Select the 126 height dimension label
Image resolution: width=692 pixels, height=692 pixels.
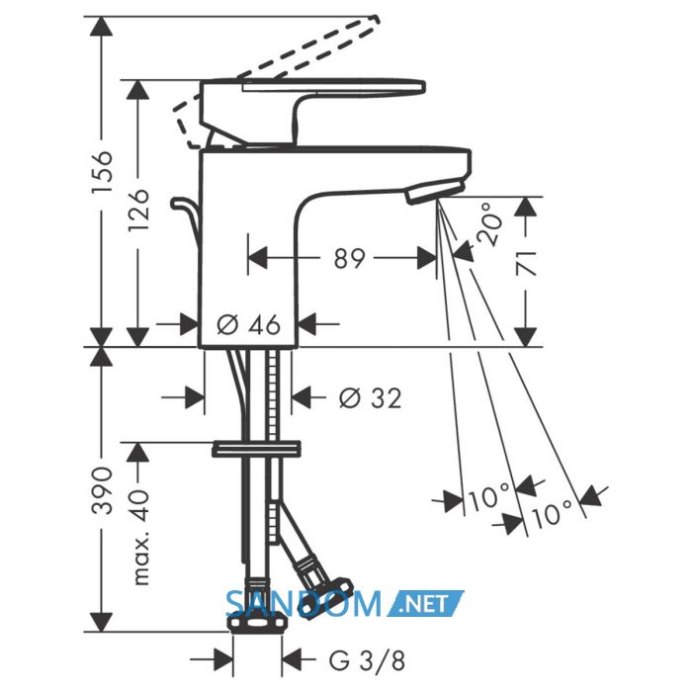point(138,211)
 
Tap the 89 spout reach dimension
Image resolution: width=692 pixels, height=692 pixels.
point(350,258)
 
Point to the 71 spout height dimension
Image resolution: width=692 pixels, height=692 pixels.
point(526,264)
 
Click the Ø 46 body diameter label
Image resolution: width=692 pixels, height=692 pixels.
point(249,324)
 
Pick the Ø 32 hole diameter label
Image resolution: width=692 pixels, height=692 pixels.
point(370,397)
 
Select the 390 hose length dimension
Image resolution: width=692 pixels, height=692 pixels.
point(102,490)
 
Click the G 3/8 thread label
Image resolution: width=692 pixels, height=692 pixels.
point(367,660)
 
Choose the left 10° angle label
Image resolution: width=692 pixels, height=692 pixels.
point(488,498)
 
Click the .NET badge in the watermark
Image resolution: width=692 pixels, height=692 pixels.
point(426,603)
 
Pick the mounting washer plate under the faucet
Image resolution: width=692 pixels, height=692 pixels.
point(256,449)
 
